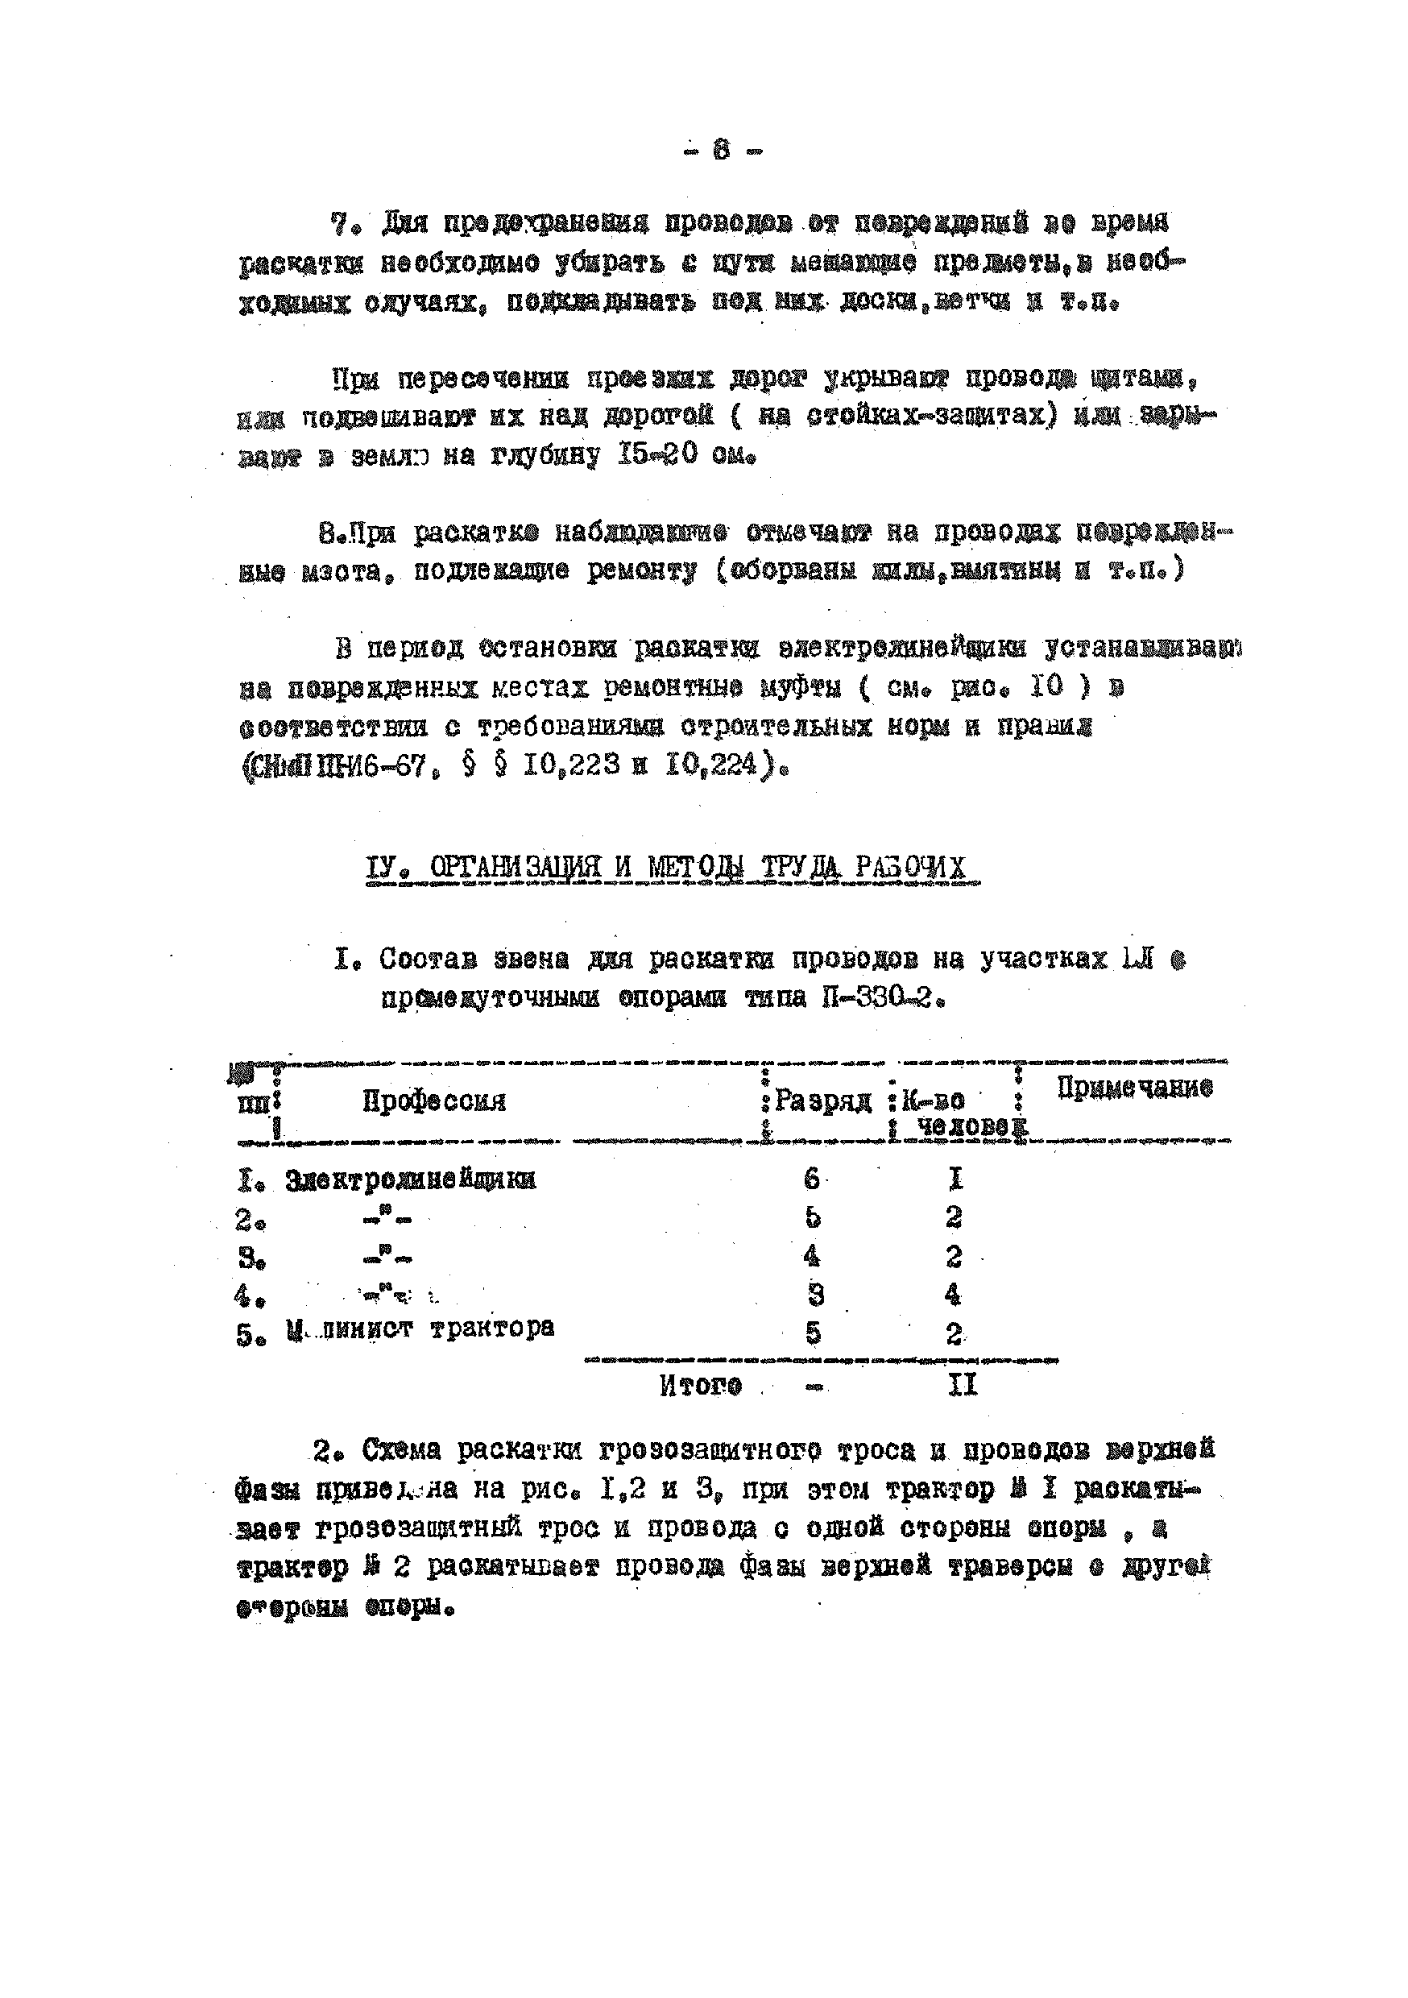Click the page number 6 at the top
point(722,151)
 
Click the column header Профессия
point(433,1101)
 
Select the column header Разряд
point(822,1101)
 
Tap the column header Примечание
point(1134,1088)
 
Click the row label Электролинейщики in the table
point(410,1180)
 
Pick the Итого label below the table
point(700,1385)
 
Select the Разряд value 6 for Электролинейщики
point(811,1179)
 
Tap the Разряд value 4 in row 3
point(812,1256)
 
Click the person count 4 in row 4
point(953,1295)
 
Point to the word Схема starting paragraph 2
point(401,1451)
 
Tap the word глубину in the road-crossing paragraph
point(545,456)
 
